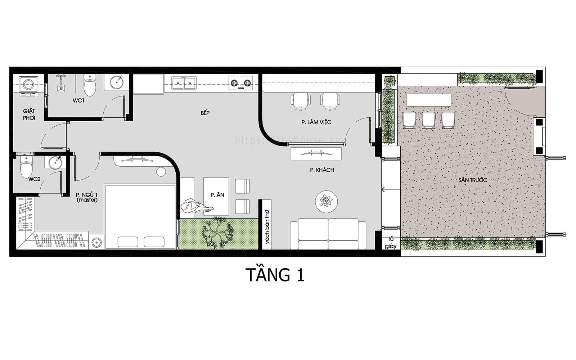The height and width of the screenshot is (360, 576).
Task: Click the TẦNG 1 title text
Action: (x=275, y=275)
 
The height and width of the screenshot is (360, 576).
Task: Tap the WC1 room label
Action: (x=78, y=100)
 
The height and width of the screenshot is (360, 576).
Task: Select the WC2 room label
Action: (x=34, y=179)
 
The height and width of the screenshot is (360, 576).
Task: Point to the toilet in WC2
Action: (x=26, y=166)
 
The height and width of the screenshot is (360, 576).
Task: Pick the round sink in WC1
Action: (x=117, y=82)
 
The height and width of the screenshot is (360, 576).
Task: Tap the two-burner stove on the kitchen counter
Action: (x=240, y=83)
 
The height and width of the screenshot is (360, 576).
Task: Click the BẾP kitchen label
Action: (x=205, y=113)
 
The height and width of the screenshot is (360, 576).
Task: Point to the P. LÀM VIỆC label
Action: (x=316, y=122)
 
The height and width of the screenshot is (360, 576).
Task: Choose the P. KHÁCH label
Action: (x=322, y=170)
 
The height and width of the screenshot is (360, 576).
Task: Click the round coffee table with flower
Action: (x=326, y=201)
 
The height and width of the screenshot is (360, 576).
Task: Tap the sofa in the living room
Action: (x=328, y=235)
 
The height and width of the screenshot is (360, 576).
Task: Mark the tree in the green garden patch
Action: (x=217, y=232)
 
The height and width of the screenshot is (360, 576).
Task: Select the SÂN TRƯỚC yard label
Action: (x=473, y=180)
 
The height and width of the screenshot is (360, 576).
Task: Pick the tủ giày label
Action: (x=390, y=243)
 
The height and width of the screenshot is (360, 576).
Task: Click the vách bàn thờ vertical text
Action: (x=267, y=227)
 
